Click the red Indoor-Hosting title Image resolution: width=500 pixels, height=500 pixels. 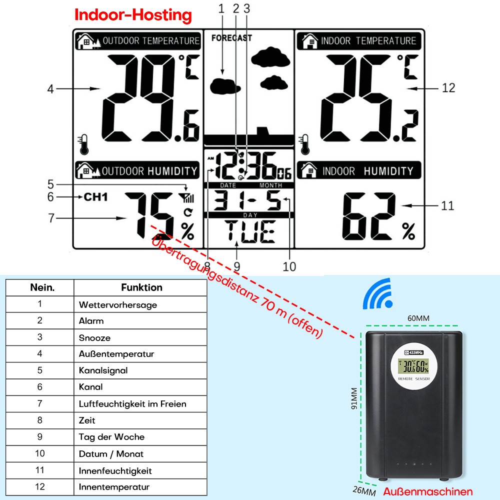point(133,15)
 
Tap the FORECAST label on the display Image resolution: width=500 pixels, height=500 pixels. point(231,38)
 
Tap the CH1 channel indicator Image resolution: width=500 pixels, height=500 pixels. point(95,196)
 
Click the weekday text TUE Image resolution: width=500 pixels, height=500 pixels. point(249,231)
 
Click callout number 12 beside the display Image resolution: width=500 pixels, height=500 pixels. point(448,88)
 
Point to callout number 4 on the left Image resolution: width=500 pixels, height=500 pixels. point(50,89)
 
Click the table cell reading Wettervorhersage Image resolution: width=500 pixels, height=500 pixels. point(118,304)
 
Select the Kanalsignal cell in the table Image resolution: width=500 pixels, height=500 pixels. point(103,370)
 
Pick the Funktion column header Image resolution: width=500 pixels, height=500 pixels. point(141,287)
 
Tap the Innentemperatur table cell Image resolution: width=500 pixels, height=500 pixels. point(114,486)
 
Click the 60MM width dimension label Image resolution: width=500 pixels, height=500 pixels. point(418,318)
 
